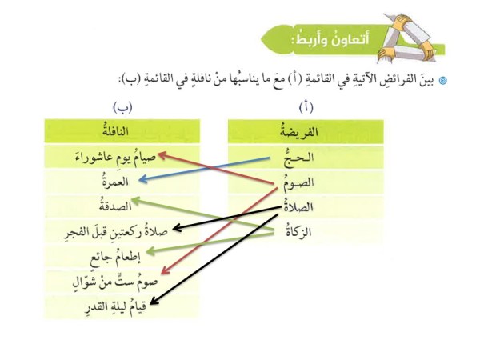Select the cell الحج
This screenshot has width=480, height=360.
306,158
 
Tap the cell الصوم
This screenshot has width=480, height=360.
306,182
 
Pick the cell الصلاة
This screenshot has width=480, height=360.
306,207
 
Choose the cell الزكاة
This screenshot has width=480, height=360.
306,232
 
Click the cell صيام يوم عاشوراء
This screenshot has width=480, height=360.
122,157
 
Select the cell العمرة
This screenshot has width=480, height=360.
122,182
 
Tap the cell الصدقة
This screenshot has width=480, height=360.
122,206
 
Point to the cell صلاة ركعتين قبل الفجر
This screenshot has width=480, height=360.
122,232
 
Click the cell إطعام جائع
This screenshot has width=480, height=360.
122,257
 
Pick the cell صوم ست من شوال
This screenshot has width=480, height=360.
122,282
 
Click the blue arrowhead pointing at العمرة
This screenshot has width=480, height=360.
142,179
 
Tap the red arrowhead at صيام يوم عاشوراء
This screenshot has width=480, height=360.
162,155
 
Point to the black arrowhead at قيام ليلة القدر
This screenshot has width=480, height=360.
154,300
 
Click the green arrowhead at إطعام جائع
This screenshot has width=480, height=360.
150,252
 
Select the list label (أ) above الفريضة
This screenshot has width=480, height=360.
306,107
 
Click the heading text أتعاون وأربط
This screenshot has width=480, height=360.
331,40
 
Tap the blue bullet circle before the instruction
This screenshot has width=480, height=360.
442,81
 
